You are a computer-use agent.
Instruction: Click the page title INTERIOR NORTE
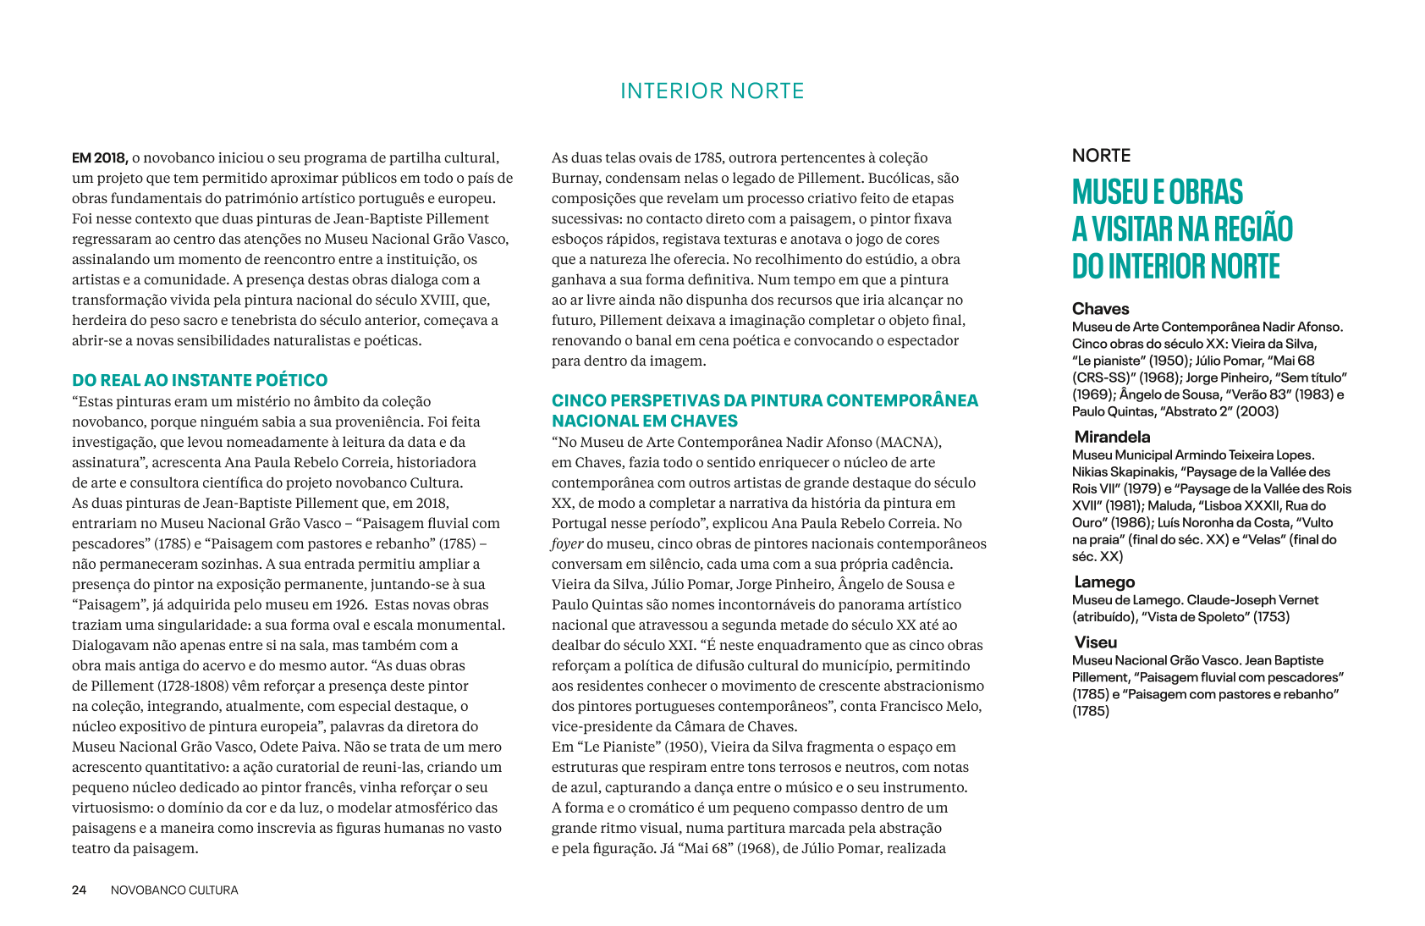pyautogui.click(x=712, y=91)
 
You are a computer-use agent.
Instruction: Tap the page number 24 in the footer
pyautogui.click(x=79, y=890)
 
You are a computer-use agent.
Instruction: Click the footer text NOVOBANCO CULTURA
pyautogui.click(x=174, y=890)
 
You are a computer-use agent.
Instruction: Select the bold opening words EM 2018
pyautogui.click(x=100, y=158)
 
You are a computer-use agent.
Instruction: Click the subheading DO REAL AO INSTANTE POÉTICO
pyautogui.click(x=200, y=380)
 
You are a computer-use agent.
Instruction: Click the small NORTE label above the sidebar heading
pyautogui.click(x=1101, y=156)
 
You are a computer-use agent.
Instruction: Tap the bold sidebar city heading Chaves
pyautogui.click(x=1100, y=309)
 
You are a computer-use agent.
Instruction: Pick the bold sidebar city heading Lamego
pyautogui.click(x=1104, y=582)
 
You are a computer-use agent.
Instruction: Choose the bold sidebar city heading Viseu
pyautogui.click(x=1096, y=642)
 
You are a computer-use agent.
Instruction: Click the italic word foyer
pyautogui.click(x=567, y=544)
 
